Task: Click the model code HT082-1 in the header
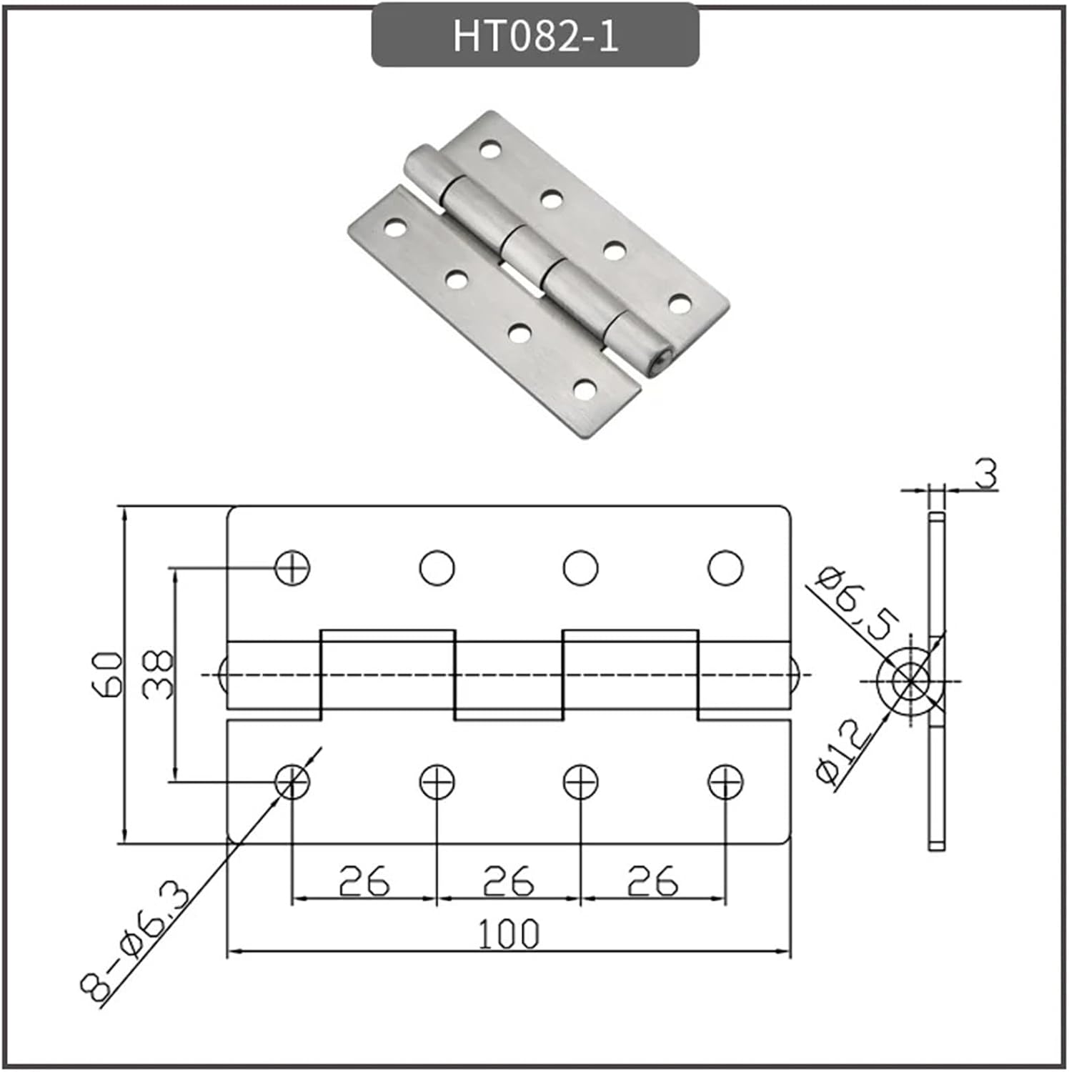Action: pyautogui.click(x=534, y=36)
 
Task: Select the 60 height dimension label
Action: pyautogui.click(x=108, y=674)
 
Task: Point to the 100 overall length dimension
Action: pyautogui.click(x=508, y=934)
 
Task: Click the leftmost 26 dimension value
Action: pyautogui.click(x=364, y=880)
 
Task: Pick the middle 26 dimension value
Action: pyautogui.click(x=508, y=880)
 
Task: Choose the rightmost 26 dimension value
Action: pyautogui.click(x=652, y=880)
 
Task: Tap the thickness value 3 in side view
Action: pyautogui.click(x=986, y=475)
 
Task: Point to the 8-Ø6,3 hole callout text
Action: pyautogui.click(x=136, y=943)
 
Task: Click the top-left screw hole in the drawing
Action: pyautogui.click(x=292, y=568)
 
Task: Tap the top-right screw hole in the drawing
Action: pyautogui.click(x=725, y=568)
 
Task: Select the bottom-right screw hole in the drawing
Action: pyautogui.click(x=725, y=782)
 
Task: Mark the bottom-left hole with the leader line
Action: pyautogui.click(x=292, y=782)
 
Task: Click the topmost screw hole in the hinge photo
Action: pyautogui.click(x=489, y=149)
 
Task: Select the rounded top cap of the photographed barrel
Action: pyautogui.click(x=419, y=161)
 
